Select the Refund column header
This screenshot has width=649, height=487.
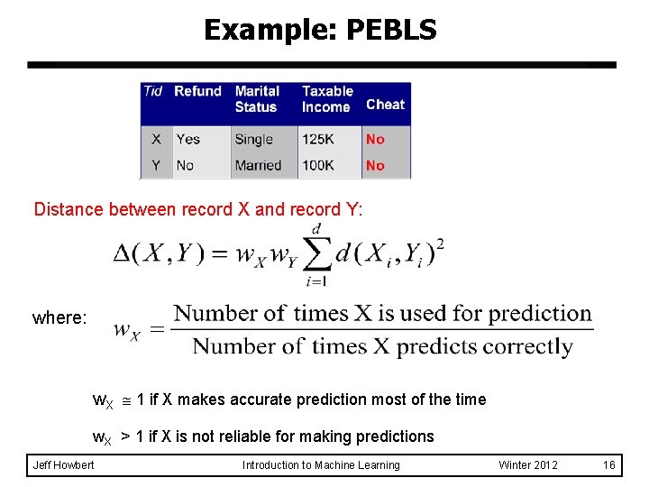tap(197, 91)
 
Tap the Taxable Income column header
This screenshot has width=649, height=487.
tap(327, 99)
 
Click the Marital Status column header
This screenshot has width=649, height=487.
tap(257, 99)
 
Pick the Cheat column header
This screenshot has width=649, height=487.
tap(385, 105)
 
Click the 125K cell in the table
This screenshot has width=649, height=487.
tap(318, 139)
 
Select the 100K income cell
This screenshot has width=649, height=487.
tap(318, 165)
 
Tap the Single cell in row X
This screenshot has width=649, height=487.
tap(253, 139)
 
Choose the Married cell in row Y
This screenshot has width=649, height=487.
tap(258, 165)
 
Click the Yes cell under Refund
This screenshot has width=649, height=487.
tap(187, 139)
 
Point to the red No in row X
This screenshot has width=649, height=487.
tap(375, 139)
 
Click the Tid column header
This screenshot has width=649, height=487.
tap(153, 91)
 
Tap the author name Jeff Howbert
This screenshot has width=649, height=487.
tap(62, 465)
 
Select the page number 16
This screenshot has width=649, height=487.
tap(608, 465)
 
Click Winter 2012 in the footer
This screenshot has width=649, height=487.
tap(528, 465)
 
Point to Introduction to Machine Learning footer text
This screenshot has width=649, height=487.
tap(321, 465)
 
